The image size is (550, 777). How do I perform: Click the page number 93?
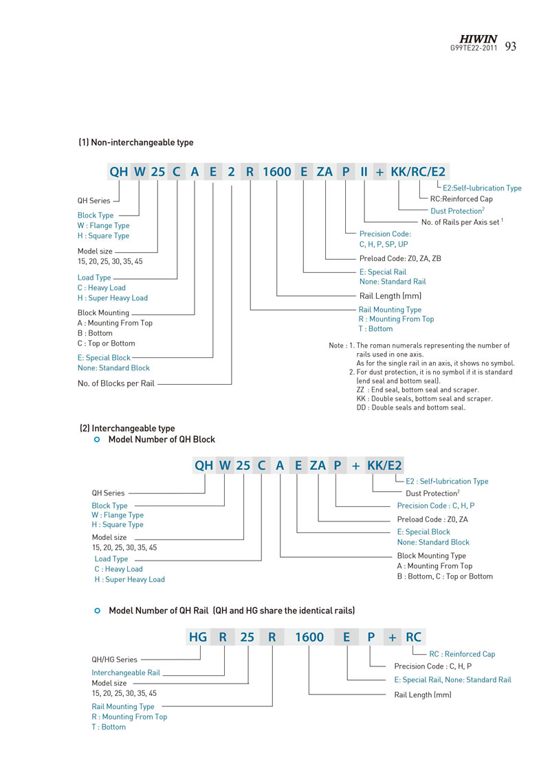point(510,47)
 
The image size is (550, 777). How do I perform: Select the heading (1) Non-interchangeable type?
point(136,143)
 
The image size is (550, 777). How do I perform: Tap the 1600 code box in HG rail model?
point(309,638)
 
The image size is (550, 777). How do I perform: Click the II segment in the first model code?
point(364,172)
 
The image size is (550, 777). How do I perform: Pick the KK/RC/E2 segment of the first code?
point(418,172)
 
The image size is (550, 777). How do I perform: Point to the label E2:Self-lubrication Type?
point(482,188)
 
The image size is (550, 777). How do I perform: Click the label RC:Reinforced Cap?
point(461,199)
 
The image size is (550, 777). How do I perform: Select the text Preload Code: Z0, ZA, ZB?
point(400,258)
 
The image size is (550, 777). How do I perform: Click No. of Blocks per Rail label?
point(116,383)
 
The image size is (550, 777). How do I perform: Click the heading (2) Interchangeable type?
point(127,428)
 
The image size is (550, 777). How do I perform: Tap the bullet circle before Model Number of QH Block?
point(97,440)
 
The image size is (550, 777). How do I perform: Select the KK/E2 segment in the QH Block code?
point(385,465)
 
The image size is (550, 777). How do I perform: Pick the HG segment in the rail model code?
point(198,638)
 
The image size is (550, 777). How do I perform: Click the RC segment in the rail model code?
point(414,638)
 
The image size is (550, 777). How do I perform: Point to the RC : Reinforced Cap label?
point(462,654)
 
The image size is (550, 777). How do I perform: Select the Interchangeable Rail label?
point(126,673)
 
